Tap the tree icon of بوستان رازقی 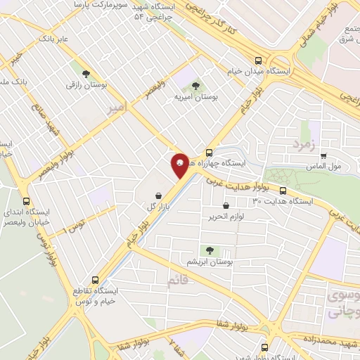pos(86,73)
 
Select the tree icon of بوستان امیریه pos(195,86)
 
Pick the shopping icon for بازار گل pos(160,195)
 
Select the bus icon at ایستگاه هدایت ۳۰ pos(283,191)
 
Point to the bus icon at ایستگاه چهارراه pos(209,153)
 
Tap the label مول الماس pos(325,166)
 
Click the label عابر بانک pos(53,39)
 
